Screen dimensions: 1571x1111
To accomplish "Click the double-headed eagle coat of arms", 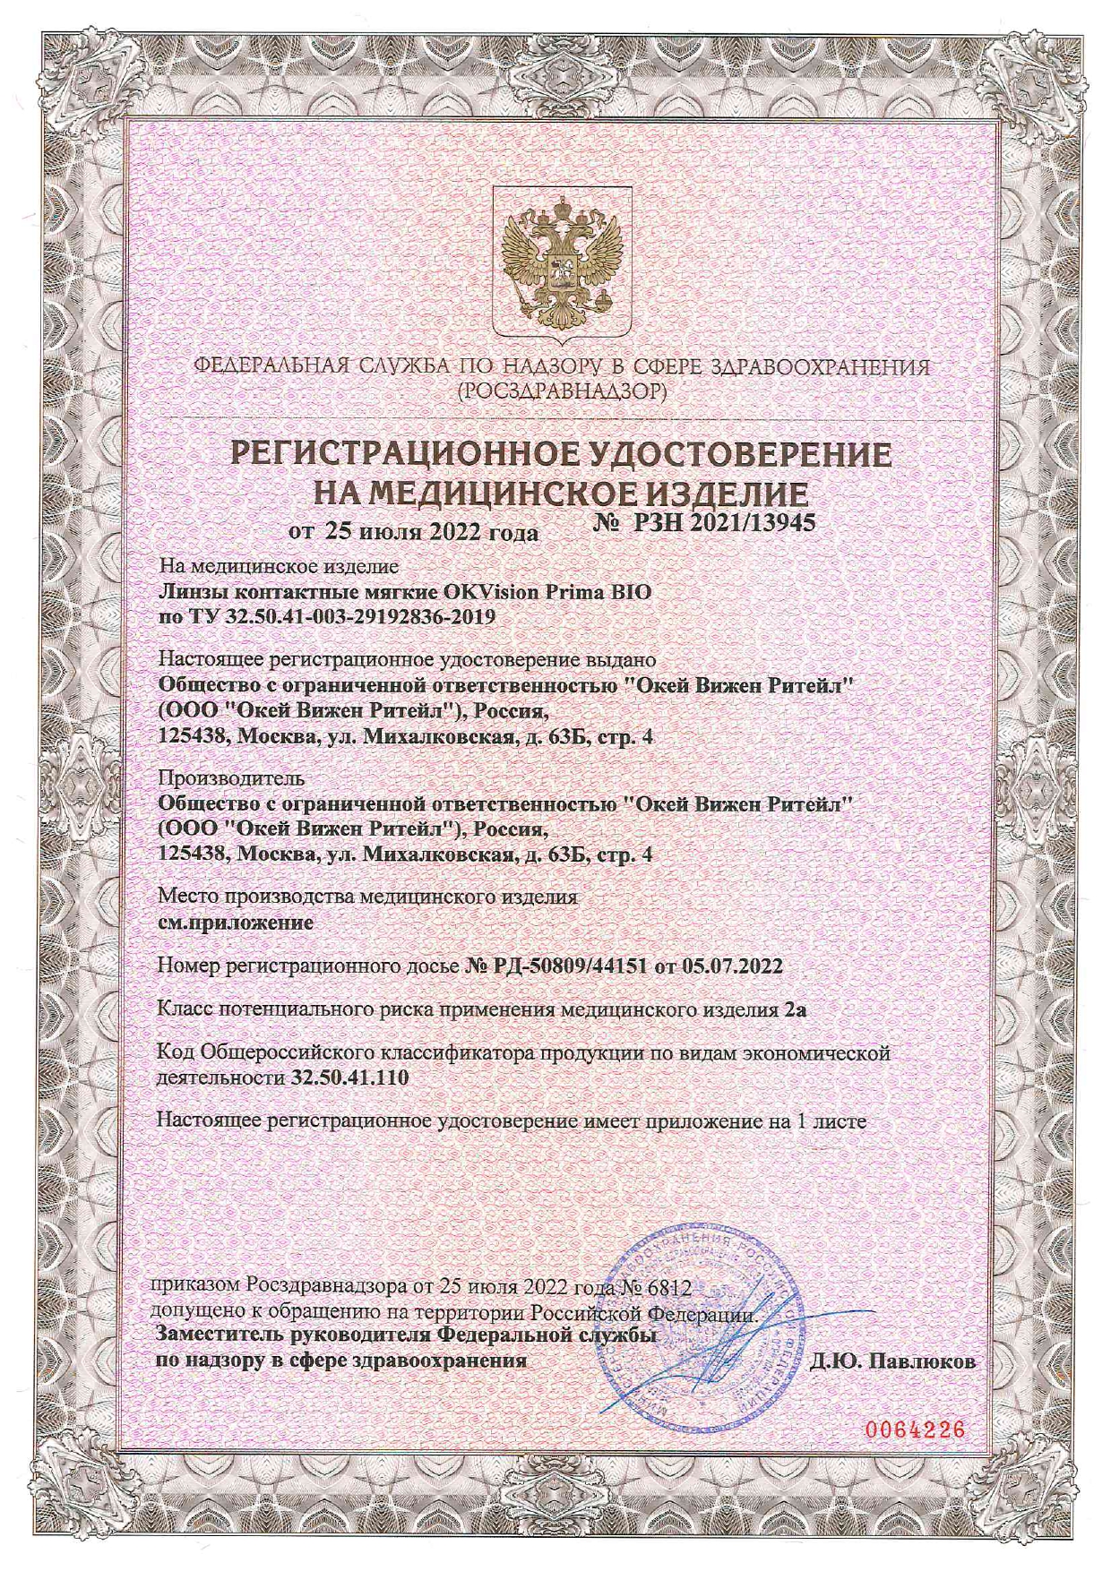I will coord(562,259).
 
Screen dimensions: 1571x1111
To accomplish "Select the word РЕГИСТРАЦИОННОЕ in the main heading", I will coord(402,454).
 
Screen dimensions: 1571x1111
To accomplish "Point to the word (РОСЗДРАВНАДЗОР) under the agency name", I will coord(561,391).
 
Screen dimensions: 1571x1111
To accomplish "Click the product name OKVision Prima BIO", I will coord(547,592).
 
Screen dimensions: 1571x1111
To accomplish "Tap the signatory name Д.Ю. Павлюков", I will coord(892,1361).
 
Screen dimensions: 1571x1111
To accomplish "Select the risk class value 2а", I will coord(795,1010).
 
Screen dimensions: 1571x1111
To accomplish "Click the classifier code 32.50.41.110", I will coord(350,1077).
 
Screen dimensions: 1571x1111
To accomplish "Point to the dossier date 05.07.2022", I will coord(732,966).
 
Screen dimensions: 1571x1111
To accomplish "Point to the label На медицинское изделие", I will coord(279,566).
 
